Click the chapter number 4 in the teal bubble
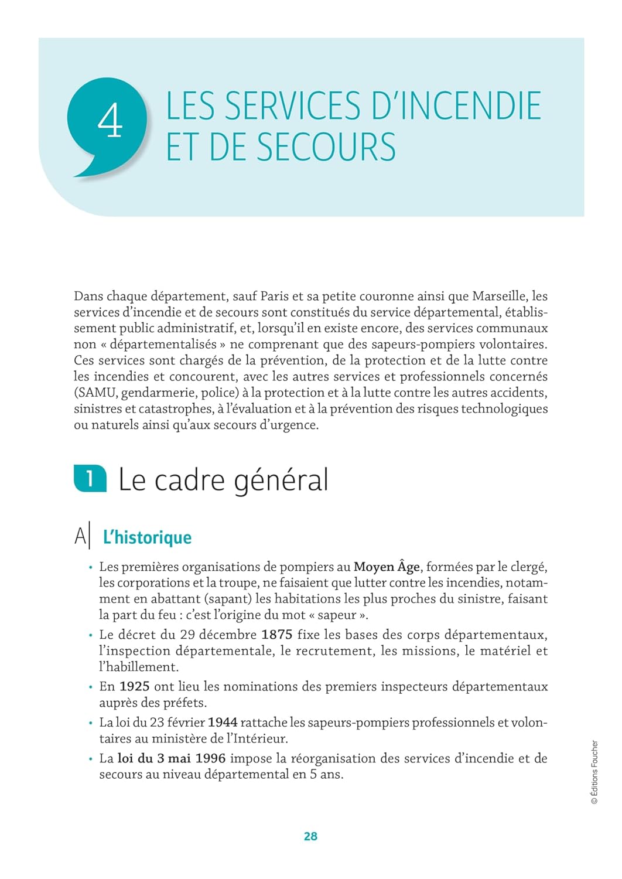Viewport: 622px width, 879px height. point(110,121)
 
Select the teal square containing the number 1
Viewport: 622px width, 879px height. point(90,479)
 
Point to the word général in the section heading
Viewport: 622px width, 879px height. point(281,481)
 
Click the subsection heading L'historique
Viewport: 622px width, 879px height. point(147,537)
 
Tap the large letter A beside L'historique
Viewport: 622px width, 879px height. point(80,537)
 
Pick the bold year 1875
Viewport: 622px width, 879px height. point(276,635)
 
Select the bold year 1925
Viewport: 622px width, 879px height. point(135,686)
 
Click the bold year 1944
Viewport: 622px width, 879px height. point(223,723)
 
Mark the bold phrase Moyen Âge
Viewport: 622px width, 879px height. point(387,567)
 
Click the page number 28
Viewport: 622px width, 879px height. point(310,836)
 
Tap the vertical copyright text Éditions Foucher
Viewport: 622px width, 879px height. point(594,772)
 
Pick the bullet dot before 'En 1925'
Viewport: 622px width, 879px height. point(91,687)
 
